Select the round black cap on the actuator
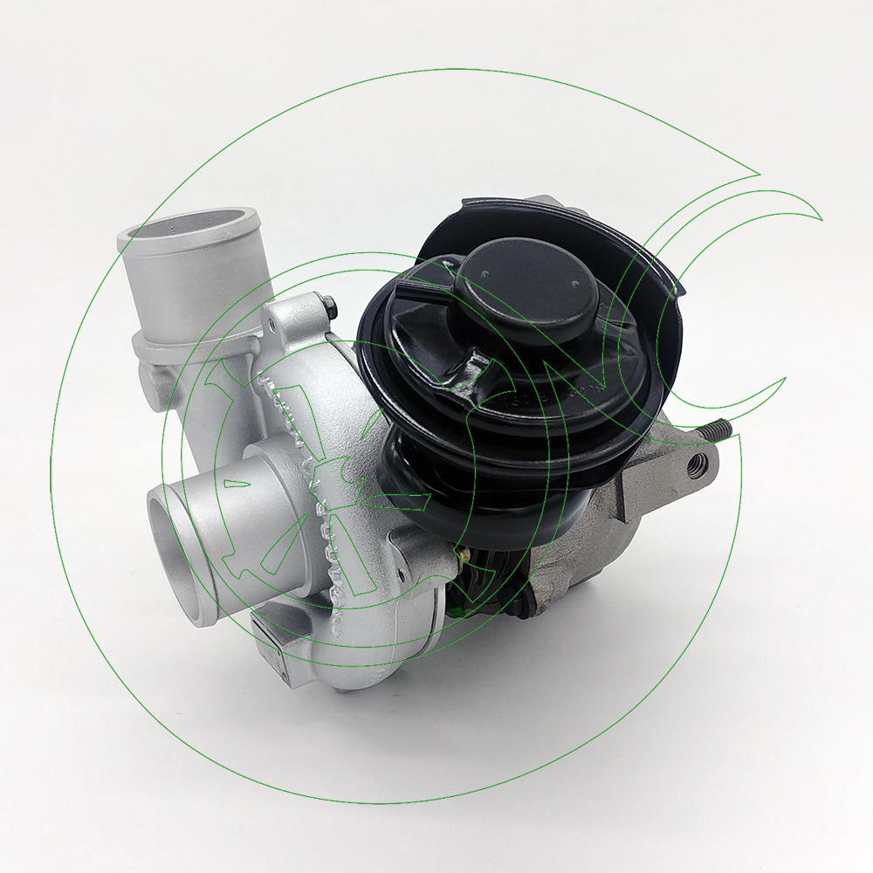point(532,292)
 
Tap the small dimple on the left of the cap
point(483,275)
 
